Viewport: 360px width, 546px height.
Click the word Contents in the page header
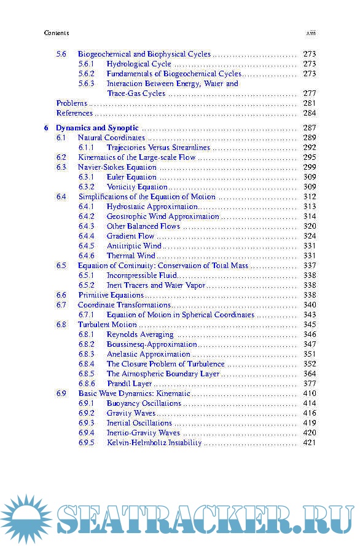click(57, 33)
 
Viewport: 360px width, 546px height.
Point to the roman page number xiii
click(311, 33)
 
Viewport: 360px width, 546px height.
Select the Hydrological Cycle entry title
click(139, 64)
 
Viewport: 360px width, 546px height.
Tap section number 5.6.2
click(86, 74)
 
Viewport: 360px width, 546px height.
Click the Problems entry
click(71, 103)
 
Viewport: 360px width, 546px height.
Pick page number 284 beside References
click(309, 113)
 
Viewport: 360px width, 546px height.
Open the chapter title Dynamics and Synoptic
click(97, 128)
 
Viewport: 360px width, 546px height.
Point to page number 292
click(309, 148)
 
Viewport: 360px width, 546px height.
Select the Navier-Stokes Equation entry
click(117, 167)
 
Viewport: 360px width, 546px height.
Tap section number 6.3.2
click(86, 187)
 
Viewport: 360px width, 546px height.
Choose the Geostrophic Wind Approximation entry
click(163, 216)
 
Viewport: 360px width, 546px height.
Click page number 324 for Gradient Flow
click(309, 236)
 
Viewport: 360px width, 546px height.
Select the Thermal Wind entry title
click(131, 256)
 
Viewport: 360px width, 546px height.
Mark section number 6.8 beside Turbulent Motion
click(61, 325)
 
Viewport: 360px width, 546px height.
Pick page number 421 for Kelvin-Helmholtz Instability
click(309, 443)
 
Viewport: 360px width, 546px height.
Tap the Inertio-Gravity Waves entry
click(143, 433)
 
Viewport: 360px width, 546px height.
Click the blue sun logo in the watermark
click(26, 518)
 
